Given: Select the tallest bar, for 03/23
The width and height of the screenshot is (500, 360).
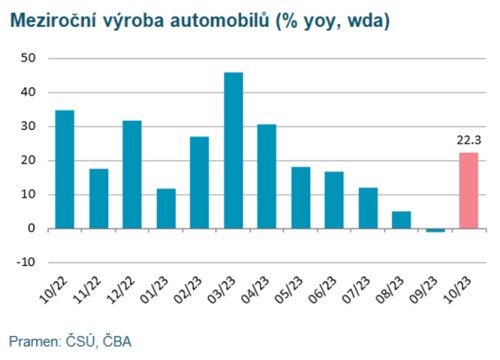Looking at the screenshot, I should [x=233, y=150].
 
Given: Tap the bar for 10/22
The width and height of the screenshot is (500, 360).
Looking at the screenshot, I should [x=65, y=169].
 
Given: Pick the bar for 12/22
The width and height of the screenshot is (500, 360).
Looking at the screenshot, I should [x=132, y=174].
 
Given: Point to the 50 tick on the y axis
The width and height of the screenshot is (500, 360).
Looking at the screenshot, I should [x=29, y=58].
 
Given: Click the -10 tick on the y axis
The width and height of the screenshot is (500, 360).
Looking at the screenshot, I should [x=27, y=262].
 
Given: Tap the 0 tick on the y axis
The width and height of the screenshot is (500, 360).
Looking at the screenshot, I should [x=32, y=228].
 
